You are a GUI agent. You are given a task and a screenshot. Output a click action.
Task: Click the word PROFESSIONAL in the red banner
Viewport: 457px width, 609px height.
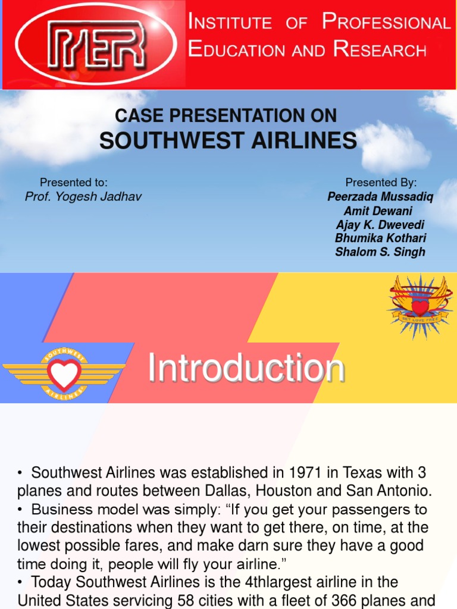(386, 23)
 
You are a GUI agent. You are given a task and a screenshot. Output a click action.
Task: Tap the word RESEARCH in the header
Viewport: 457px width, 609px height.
(380, 50)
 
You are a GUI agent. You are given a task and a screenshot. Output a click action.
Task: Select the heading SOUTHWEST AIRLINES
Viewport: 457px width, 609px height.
(228, 141)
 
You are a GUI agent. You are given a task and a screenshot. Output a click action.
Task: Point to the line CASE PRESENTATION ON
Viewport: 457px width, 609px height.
(226, 115)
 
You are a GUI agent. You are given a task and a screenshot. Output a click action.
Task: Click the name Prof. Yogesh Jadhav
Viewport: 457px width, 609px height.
(83, 196)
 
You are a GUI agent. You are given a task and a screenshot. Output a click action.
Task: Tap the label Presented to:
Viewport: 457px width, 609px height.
(73, 183)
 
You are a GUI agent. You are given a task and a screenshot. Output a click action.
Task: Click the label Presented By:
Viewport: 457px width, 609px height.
(381, 183)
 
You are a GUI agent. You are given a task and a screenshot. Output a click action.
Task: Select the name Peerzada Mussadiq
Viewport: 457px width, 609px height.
(380, 197)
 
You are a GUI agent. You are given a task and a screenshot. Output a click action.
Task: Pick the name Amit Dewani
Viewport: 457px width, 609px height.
(378, 211)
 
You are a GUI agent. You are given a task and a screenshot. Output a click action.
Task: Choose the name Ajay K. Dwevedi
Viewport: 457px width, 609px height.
(380, 224)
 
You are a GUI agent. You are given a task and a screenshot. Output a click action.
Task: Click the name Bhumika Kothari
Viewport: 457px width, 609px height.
(380, 238)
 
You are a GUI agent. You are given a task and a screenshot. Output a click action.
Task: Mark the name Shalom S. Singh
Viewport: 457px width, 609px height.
(380, 252)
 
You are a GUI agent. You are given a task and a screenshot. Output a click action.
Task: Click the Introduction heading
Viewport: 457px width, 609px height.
(246, 368)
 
